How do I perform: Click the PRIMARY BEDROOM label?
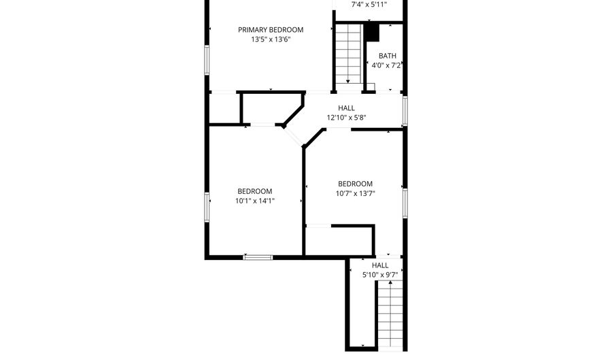[x=270, y=30]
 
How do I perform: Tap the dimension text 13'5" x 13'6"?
[x=270, y=39]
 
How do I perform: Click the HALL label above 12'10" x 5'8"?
[x=346, y=108]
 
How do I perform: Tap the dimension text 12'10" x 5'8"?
[x=346, y=118]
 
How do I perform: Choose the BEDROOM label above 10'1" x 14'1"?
[x=254, y=191]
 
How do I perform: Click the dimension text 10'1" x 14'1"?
[x=254, y=201]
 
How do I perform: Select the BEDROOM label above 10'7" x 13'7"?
[x=355, y=184]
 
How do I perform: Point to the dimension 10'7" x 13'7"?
[x=355, y=193]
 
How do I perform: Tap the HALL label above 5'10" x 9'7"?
[x=380, y=265]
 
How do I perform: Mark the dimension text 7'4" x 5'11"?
[x=369, y=5]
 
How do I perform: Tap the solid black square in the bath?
[x=371, y=32]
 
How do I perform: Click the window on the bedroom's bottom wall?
[x=258, y=257]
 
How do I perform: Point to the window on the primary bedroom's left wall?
[x=207, y=59]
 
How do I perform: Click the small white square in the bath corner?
[x=371, y=86]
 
